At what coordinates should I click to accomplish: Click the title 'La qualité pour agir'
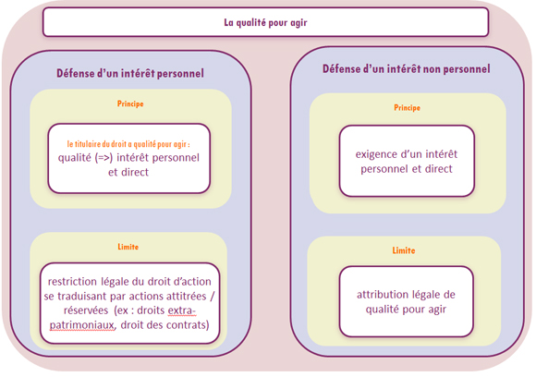click(x=265, y=22)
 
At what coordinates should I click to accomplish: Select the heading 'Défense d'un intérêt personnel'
click(x=130, y=73)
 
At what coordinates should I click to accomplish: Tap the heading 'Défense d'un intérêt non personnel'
click(x=407, y=68)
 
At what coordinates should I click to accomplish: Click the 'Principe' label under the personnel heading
click(x=130, y=103)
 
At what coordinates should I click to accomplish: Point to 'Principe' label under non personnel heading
click(x=408, y=108)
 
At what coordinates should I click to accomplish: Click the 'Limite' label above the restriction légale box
click(x=128, y=247)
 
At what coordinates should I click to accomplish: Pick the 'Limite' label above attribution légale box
click(x=404, y=250)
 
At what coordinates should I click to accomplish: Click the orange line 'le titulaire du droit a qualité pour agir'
click(x=128, y=144)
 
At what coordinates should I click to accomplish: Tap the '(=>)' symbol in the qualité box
click(x=104, y=158)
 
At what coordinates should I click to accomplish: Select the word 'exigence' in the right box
click(x=375, y=154)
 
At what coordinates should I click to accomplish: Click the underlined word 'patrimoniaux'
click(x=81, y=324)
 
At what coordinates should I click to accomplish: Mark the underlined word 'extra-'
click(x=181, y=310)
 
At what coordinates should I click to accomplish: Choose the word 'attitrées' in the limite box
click(x=187, y=296)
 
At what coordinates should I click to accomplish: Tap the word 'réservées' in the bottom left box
click(x=86, y=310)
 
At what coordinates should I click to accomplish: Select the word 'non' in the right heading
click(x=433, y=69)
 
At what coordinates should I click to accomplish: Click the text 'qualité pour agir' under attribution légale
click(x=406, y=310)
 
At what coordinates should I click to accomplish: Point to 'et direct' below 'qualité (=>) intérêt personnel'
click(x=128, y=172)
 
